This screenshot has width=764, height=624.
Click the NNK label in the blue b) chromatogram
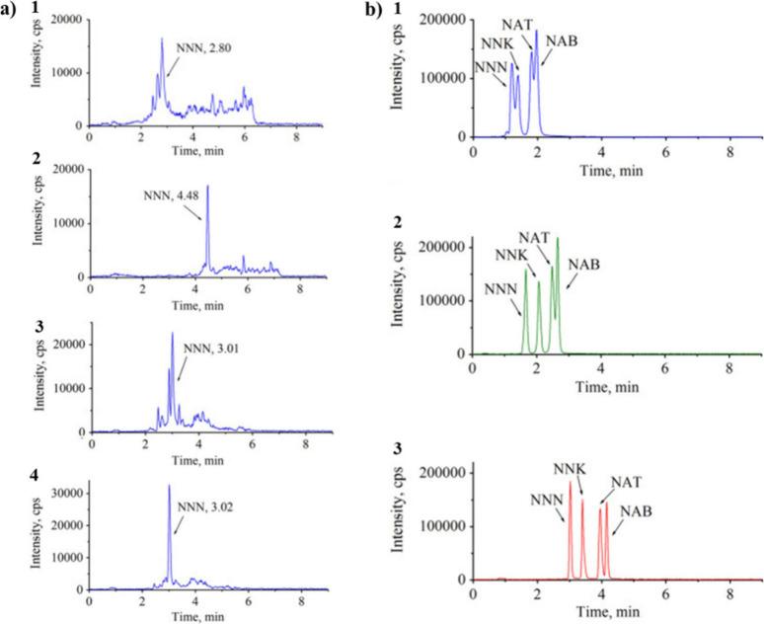tap(498, 44)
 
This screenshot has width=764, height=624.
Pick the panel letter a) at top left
tap(12, 10)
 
